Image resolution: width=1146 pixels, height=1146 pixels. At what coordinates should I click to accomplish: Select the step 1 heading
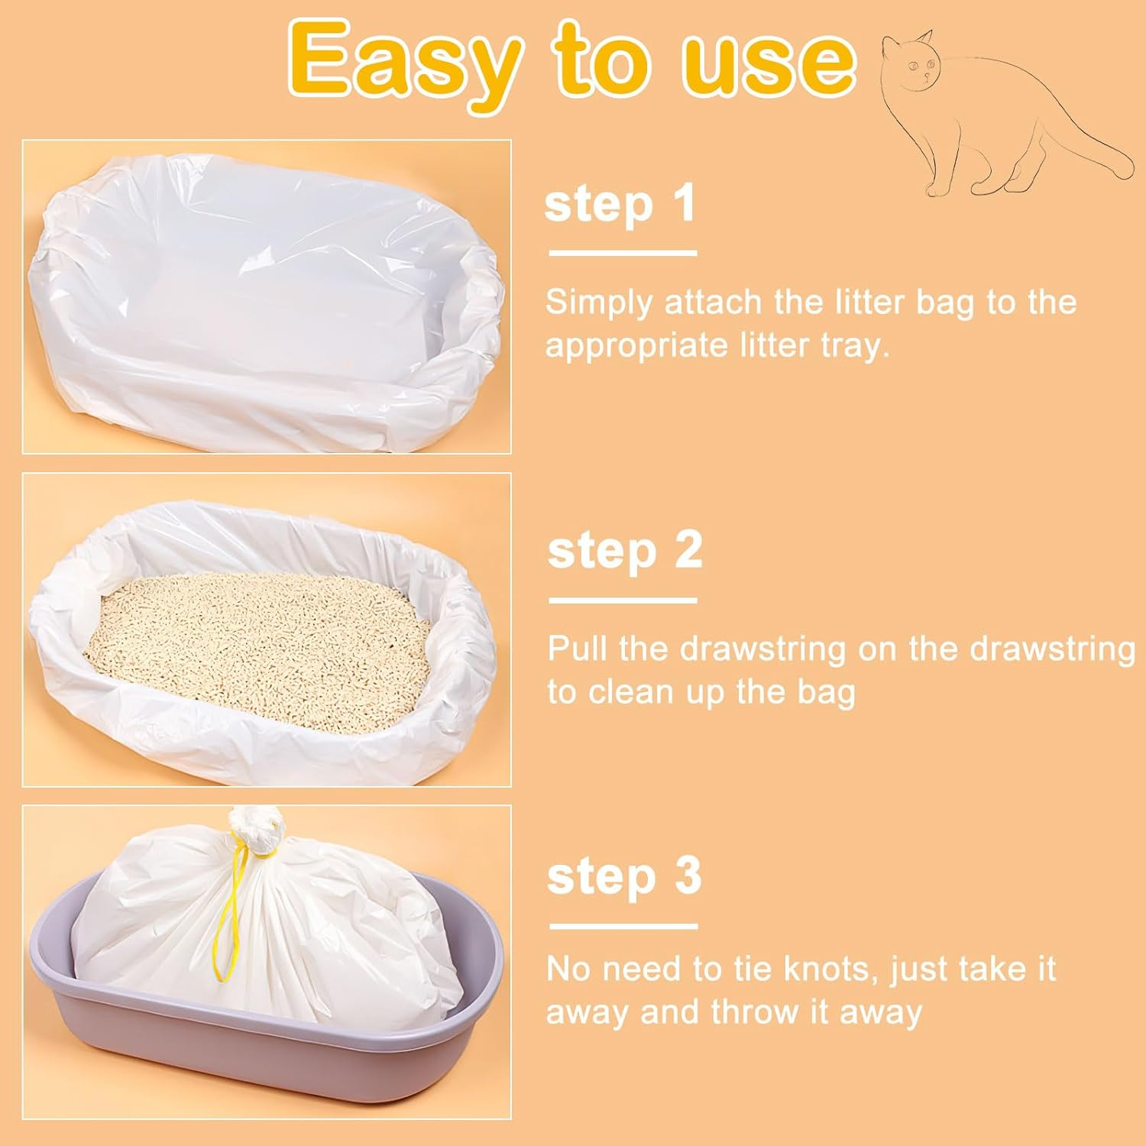pyautogui.click(x=620, y=204)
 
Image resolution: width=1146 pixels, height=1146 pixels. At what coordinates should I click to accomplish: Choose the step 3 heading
pyautogui.click(x=623, y=876)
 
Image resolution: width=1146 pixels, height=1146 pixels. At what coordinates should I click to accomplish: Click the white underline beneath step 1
pyautogui.click(x=623, y=253)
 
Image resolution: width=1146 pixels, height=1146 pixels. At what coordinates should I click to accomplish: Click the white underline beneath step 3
pyautogui.click(x=623, y=927)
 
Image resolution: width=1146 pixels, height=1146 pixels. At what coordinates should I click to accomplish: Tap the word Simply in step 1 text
pyautogui.click(x=599, y=303)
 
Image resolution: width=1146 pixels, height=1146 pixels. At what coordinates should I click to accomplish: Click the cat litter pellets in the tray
pyautogui.click(x=260, y=649)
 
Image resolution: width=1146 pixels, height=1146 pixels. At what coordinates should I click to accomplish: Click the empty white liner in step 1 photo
pyautogui.click(x=252, y=290)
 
